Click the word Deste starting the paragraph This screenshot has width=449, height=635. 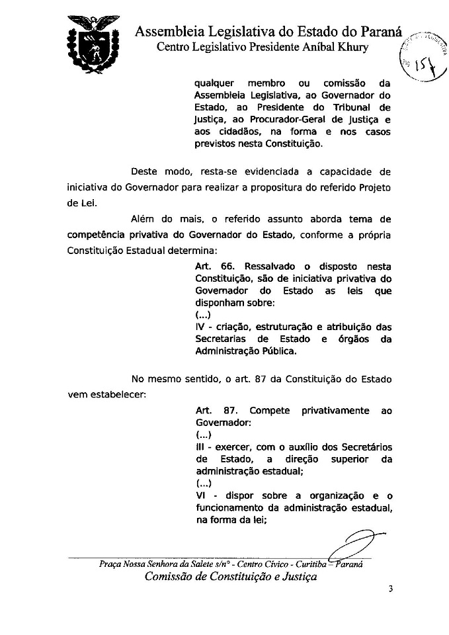tap(145, 172)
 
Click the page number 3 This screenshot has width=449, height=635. tap(391, 589)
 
